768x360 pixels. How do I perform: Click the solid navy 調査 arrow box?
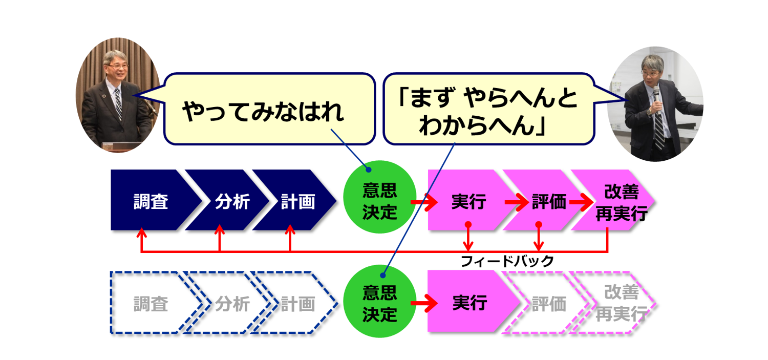pos(151,201)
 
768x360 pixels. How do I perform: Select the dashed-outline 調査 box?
pos(151,304)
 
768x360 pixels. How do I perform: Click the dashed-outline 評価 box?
pos(548,304)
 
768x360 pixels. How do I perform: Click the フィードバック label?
pos(507,262)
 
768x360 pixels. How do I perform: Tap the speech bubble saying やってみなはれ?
pos(269,110)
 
